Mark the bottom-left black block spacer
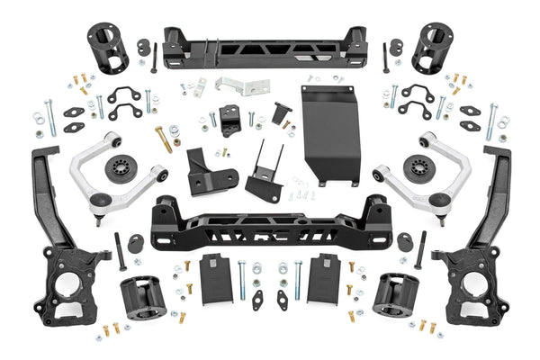[139, 297]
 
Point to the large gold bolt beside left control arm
[164, 139]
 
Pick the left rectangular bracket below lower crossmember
[215, 279]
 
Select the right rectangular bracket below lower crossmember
[324, 279]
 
